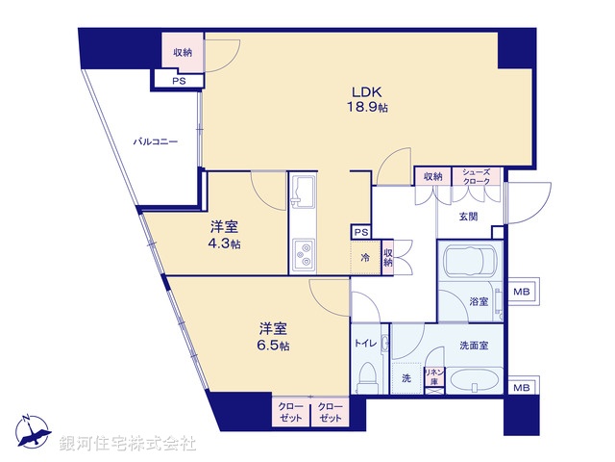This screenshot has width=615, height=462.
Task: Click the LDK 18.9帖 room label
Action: pos(368,101)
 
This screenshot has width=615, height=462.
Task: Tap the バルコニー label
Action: pos(156,141)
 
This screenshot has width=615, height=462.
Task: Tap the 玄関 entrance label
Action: pos(468,216)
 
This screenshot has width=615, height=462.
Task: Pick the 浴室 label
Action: pos(478,301)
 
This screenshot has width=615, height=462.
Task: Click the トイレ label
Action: pos(364,342)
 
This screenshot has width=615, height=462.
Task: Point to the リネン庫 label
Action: pos(433,376)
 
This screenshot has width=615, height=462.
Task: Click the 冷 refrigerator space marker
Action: pos(365,257)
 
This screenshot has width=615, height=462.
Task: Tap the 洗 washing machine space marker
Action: pos(406,378)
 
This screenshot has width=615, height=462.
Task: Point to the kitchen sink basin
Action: pos(302,192)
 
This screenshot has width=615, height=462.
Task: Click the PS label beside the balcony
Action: pos(178,81)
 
